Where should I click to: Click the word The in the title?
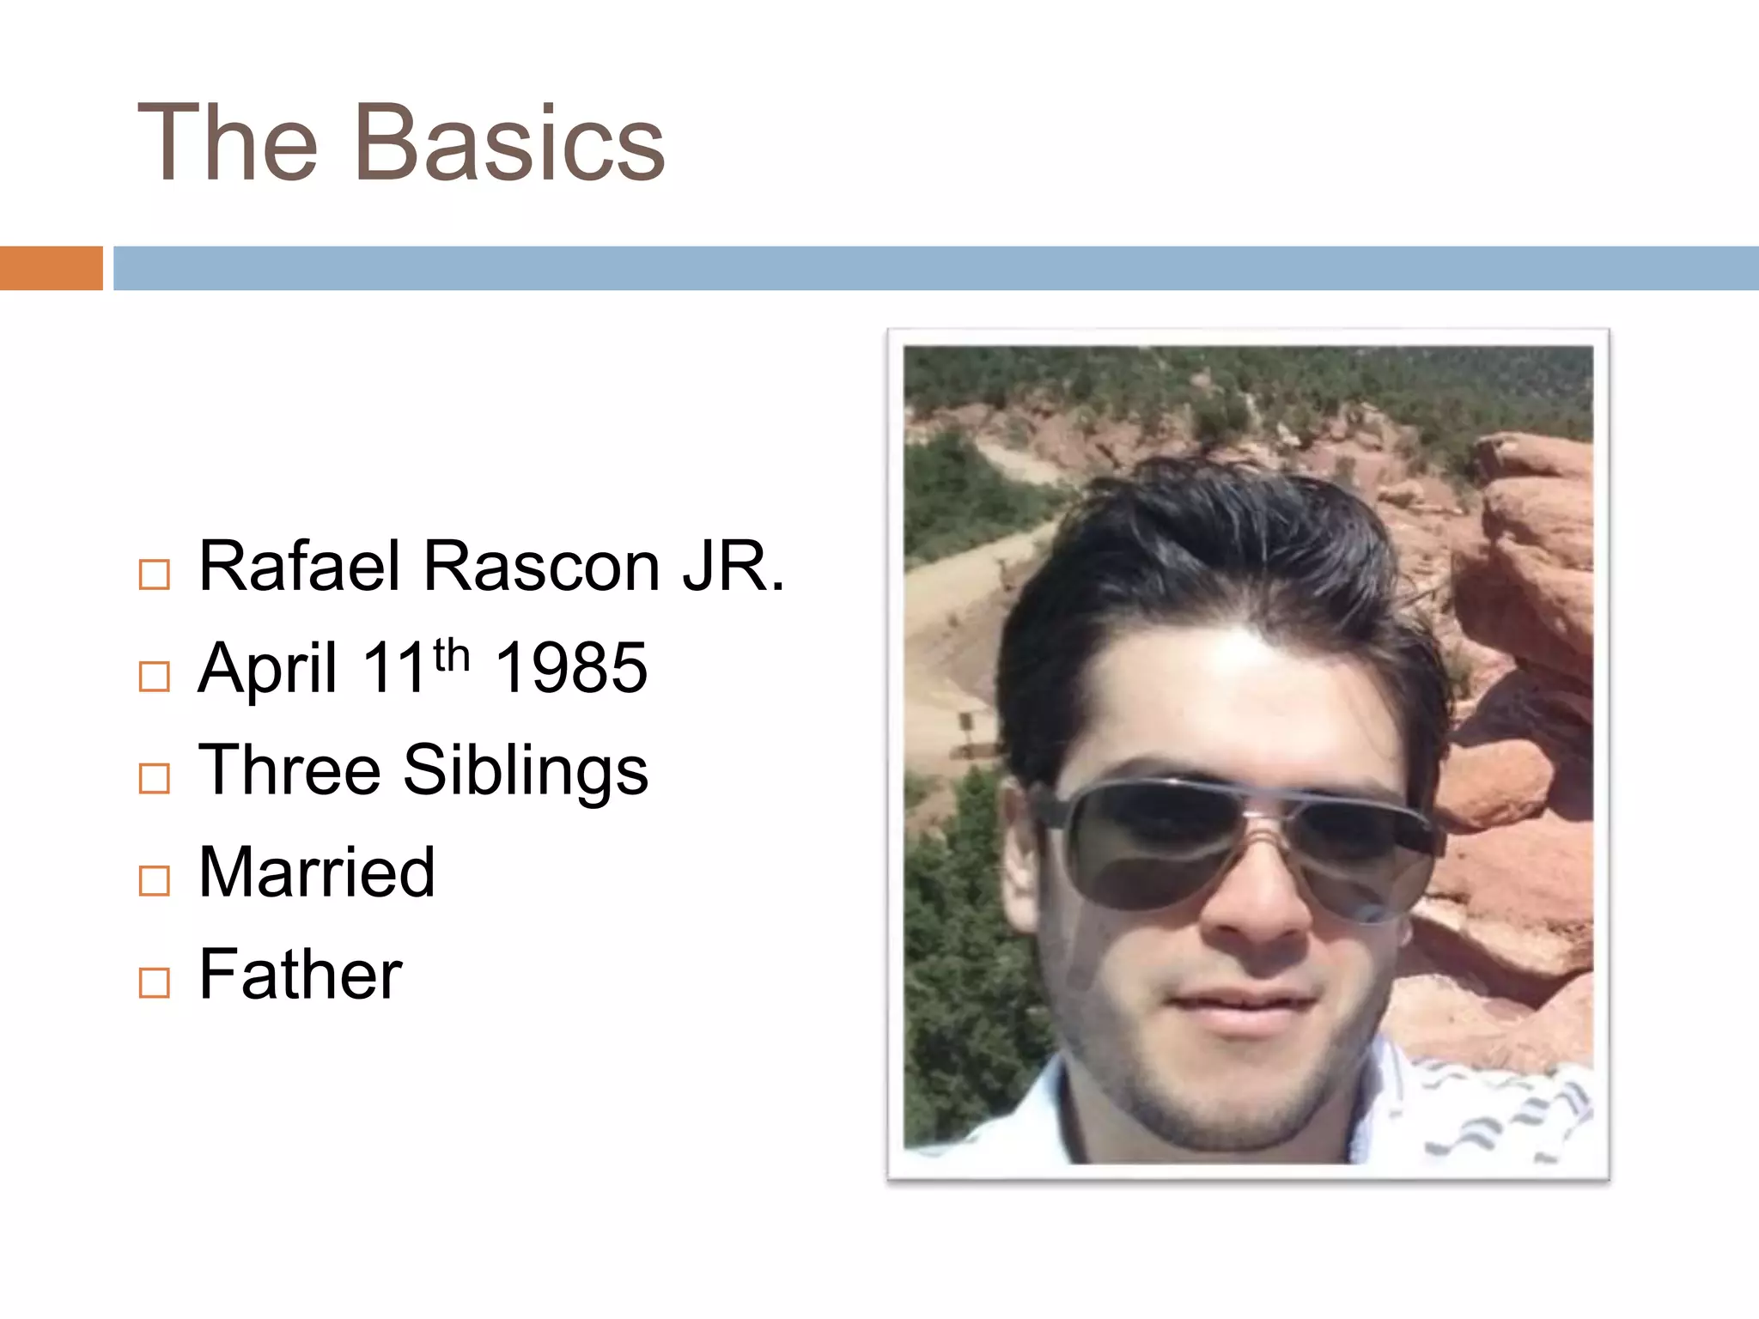point(228,143)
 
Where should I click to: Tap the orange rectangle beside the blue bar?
point(51,268)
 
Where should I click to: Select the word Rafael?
point(300,567)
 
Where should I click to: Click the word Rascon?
point(542,567)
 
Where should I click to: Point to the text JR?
point(733,567)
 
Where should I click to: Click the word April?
point(267,670)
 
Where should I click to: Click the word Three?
point(289,770)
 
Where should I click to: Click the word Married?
point(317,872)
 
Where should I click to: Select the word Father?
point(301,975)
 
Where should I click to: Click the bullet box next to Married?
point(155,880)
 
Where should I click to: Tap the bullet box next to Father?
point(155,982)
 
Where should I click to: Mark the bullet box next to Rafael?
point(155,574)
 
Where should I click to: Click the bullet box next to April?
point(155,677)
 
